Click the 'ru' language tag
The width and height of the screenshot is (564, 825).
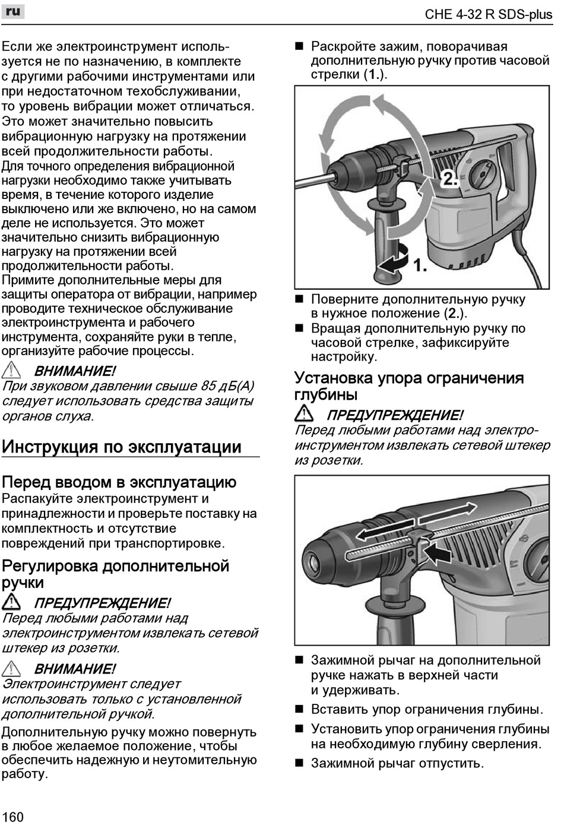coord(13,11)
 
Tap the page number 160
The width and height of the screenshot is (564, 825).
coord(12,817)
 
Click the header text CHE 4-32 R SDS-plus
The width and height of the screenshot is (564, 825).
coord(488,14)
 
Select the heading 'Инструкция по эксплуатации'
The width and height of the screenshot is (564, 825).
coord(122,447)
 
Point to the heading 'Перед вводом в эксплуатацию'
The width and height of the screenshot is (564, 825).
coord(119,482)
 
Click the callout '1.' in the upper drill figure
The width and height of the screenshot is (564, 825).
coord(420,265)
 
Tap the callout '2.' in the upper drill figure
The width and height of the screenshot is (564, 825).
coord(449,178)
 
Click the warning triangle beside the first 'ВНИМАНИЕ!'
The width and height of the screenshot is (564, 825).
coord(12,371)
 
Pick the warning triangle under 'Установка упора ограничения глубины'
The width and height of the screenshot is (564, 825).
coord(305,414)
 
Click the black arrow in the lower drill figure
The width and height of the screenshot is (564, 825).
coord(438,554)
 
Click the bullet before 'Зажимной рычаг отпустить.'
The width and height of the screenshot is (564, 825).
coord(299,763)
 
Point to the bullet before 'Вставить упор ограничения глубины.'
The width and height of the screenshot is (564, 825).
coord(299,709)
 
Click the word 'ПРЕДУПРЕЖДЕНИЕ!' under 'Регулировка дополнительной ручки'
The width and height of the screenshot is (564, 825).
coord(102,603)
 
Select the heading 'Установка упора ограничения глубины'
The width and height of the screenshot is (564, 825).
coord(409,386)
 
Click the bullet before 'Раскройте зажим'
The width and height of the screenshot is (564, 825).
coord(299,46)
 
